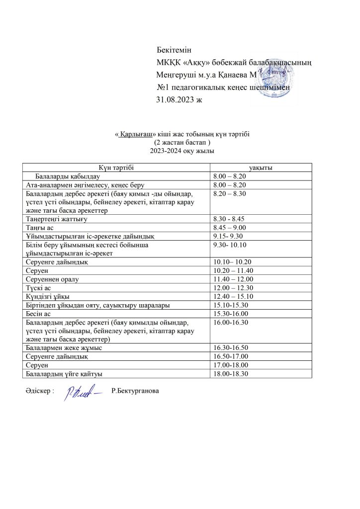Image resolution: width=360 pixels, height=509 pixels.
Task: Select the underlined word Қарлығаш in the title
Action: [137, 134]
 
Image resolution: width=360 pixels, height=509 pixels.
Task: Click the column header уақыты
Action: [262, 168]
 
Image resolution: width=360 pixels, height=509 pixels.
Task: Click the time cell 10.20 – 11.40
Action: [233, 270]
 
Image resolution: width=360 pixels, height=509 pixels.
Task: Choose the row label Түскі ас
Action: [38, 288]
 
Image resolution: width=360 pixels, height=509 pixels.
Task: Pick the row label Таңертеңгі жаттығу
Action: [56, 218]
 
